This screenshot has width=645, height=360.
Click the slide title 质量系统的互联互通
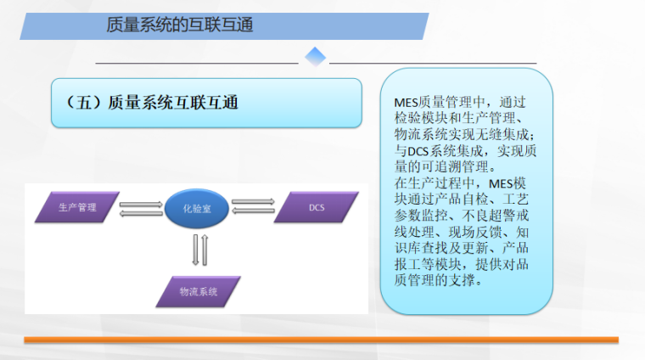(x=180, y=25)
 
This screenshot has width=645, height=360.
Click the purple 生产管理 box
(x=77, y=206)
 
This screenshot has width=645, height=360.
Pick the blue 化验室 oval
(x=196, y=207)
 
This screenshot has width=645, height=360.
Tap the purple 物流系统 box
(x=199, y=291)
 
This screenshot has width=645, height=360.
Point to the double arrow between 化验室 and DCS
(x=253, y=206)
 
